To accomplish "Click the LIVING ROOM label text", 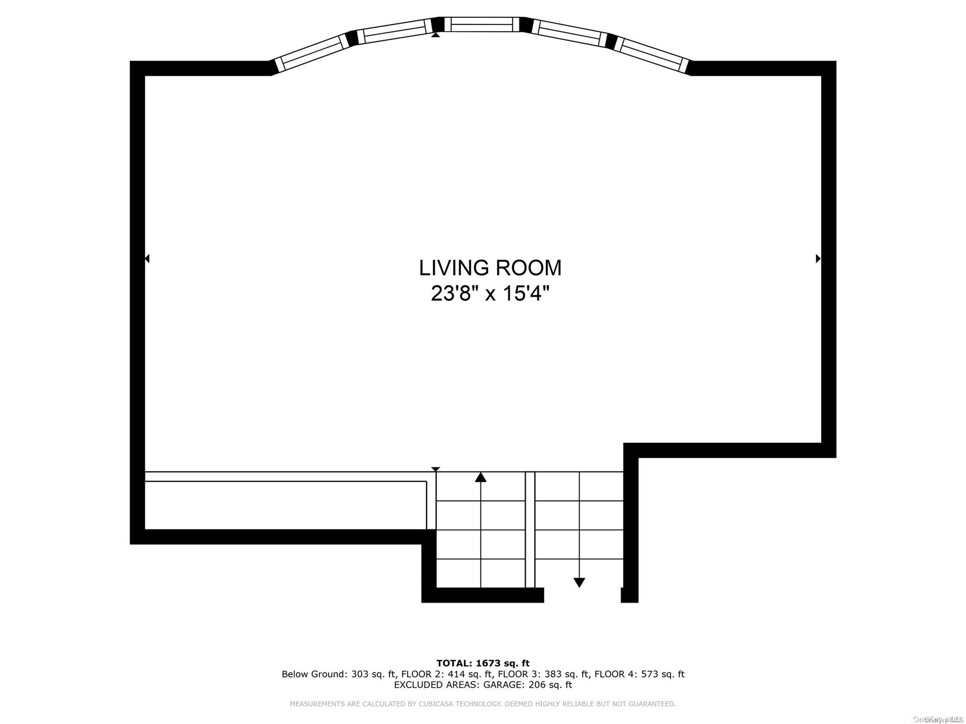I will [490, 268].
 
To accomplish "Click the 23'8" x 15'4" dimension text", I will [490, 293].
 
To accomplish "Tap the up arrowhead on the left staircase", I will [480, 477].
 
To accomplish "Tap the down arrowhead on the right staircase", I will [579, 582].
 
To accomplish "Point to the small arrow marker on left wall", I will [147, 259].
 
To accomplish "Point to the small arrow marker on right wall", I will [818, 259].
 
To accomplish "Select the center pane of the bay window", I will [482, 24].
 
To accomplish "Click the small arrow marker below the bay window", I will [435, 35].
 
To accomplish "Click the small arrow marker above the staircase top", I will [435, 469].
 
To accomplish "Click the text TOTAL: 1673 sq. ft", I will [482, 663].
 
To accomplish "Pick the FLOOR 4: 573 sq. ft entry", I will [639, 674].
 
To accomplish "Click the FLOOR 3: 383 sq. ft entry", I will [543, 674].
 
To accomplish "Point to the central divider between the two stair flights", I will [530, 528].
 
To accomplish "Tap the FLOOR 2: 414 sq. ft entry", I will [446, 674].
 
